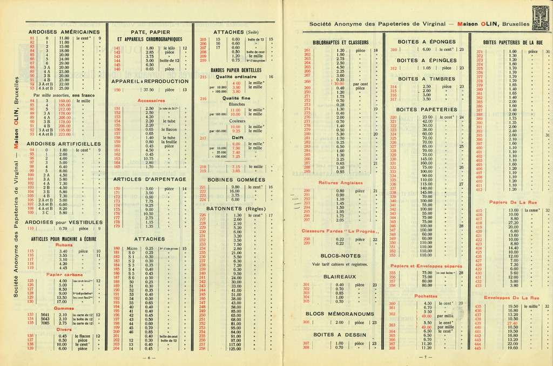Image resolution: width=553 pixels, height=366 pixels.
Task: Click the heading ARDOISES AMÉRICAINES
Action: point(64,32)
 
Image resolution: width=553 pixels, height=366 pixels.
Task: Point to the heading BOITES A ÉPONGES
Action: point(427,42)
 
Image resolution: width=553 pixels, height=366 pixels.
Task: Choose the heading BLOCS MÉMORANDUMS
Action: point(340,314)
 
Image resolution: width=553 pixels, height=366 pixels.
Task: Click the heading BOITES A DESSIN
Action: point(340,335)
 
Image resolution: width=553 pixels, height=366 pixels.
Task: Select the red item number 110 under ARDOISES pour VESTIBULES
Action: point(32,228)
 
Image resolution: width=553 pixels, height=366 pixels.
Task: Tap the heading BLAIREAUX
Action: point(340,276)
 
